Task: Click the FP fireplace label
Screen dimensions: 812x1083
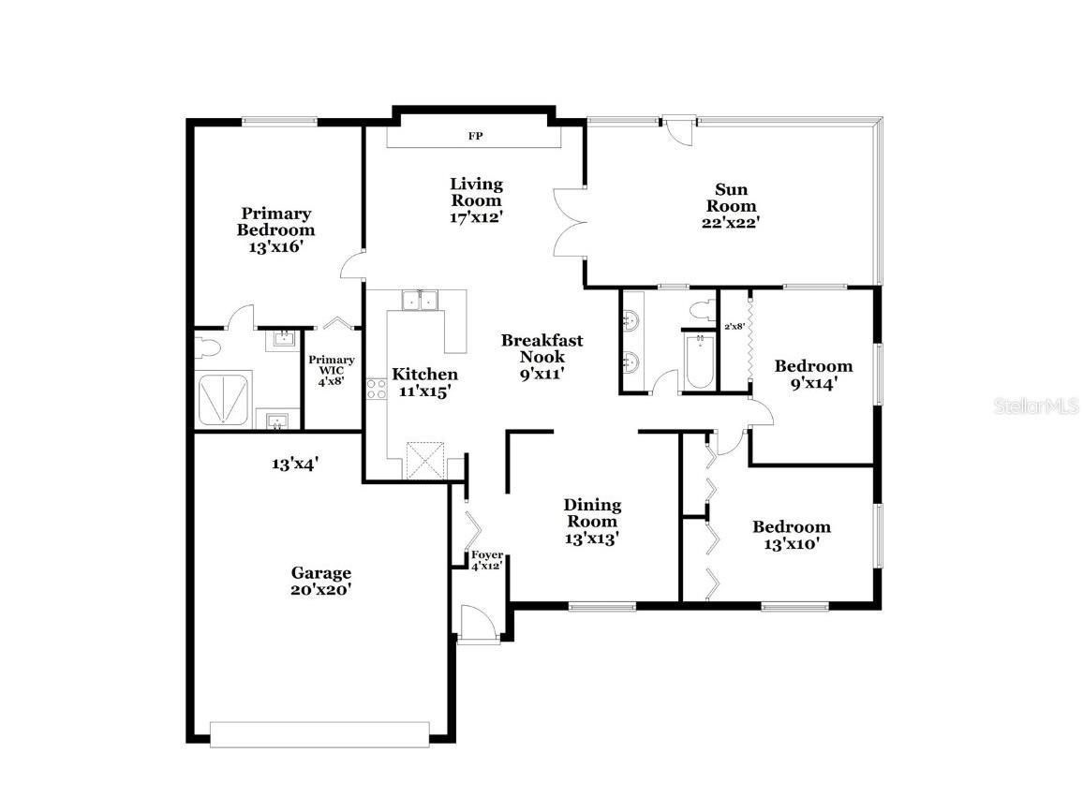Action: [x=476, y=136]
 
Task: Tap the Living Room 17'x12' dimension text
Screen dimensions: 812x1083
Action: [x=476, y=216]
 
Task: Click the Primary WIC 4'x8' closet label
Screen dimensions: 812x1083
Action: [x=332, y=370]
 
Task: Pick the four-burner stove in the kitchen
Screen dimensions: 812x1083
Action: [x=376, y=388]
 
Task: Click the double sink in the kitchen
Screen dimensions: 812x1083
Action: [x=421, y=300]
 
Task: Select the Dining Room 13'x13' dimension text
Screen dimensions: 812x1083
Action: [x=592, y=539]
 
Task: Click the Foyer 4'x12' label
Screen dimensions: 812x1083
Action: [x=486, y=560]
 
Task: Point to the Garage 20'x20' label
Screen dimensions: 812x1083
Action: [x=320, y=581]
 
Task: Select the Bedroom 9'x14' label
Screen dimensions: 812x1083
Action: [x=813, y=374]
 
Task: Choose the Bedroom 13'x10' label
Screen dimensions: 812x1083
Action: [x=792, y=535]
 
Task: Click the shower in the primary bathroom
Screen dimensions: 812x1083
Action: [x=223, y=400]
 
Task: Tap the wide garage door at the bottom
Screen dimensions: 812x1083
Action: [x=319, y=734]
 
